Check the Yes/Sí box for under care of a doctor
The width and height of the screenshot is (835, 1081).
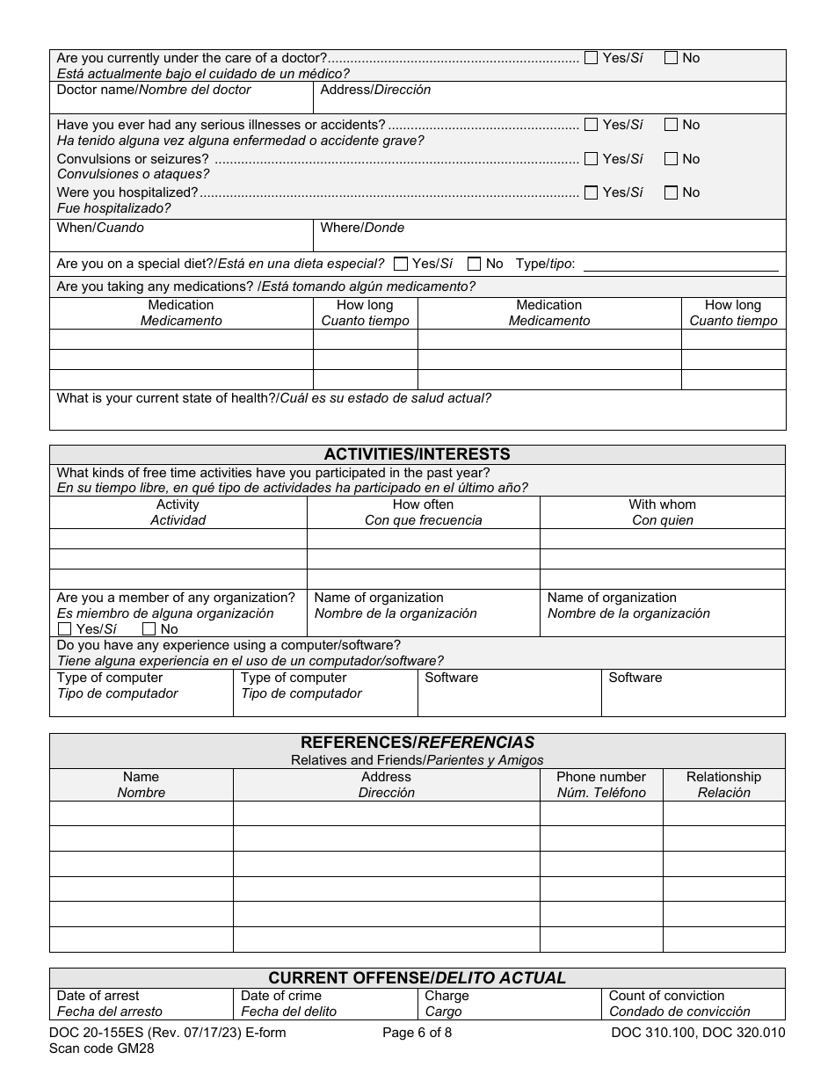coord(591,58)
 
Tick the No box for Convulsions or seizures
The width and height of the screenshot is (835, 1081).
coord(672,159)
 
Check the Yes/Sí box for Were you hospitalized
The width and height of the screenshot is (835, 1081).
coord(591,192)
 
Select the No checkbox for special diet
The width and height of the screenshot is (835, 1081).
coord(475,264)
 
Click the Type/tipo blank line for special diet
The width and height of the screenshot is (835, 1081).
coord(680,265)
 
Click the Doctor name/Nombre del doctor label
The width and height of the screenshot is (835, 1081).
coord(154,90)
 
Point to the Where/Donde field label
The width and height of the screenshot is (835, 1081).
coord(362,228)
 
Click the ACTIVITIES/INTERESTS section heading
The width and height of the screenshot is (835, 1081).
coord(417,454)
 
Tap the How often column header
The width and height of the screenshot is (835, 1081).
coord(423,504)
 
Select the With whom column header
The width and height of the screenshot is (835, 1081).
coord(662,504)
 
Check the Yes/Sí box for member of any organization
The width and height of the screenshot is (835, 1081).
coord(64,629)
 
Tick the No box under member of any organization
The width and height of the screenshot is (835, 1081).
coord(149,629)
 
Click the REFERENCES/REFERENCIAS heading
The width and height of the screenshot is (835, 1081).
coord(417,743)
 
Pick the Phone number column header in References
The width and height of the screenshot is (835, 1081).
coord(600,777)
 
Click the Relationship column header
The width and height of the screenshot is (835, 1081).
coord(723,777)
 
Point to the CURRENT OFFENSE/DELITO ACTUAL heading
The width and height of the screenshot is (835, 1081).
coord(417,978)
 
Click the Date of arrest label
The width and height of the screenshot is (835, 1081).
coord(98,996)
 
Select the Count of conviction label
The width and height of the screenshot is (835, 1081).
coord(666,996)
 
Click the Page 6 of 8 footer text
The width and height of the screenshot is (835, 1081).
coord(417,1033)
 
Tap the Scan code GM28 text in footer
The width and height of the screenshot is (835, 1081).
coord(105,1048)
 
